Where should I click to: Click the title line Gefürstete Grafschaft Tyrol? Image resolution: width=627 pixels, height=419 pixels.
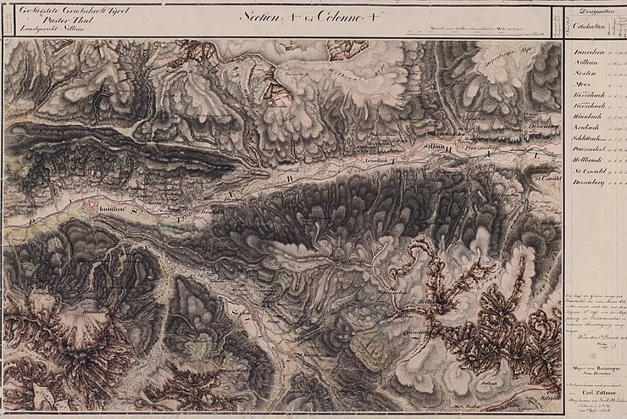[53, 10]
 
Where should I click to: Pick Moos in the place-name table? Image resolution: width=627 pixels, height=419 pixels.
[581, 87]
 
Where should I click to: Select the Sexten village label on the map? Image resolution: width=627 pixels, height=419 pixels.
[238, 314]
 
